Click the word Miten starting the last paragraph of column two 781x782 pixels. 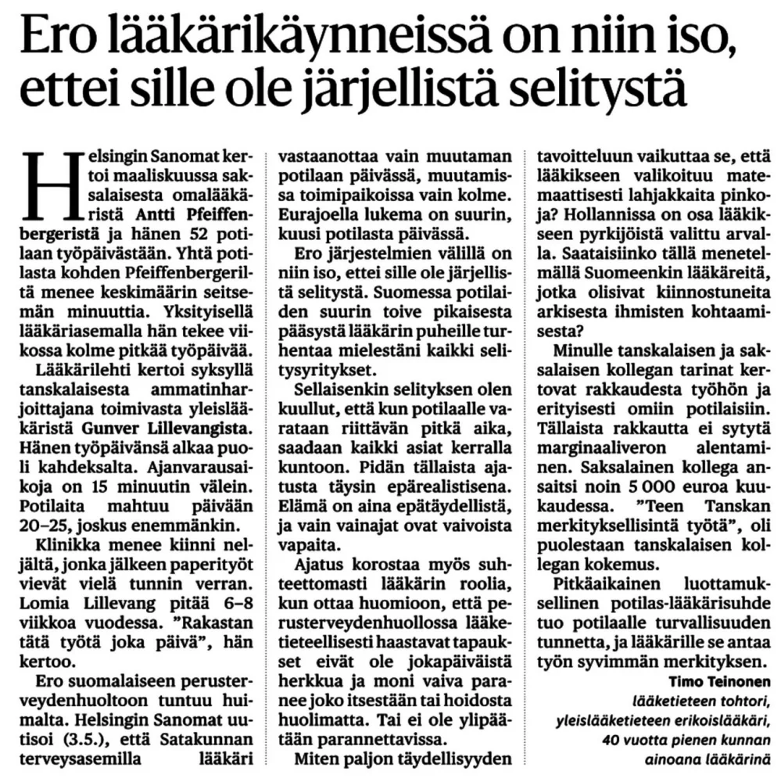click(317, 758)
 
